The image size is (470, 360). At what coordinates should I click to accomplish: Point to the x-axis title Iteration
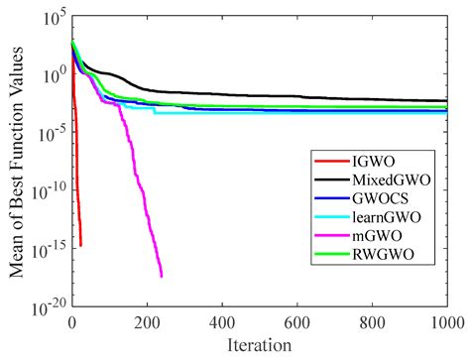tap(260, 346)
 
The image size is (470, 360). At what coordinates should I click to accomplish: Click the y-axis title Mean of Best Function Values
tap(14, 162)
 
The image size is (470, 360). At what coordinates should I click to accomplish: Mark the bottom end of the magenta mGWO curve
tap(161, 276)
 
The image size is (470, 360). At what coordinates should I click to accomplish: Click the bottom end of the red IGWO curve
tap(80, 245)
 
